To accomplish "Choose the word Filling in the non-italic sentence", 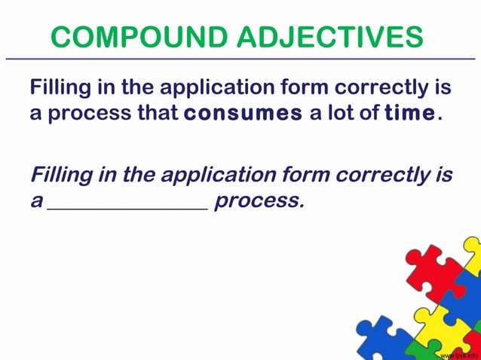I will click(x=60, y=88).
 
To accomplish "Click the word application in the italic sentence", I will click(x=213, y=175).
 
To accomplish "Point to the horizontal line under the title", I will click(x=240, y=58).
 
